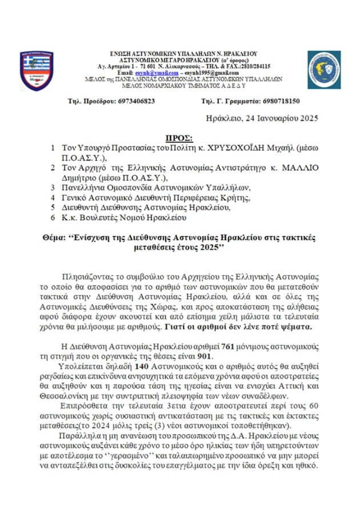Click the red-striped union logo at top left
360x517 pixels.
click(x=37, y=70)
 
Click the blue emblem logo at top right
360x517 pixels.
click(x=324, y=69)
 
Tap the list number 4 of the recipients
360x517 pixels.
click(x=53, y=197)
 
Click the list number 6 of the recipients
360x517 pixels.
click(x=53, y=217)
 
